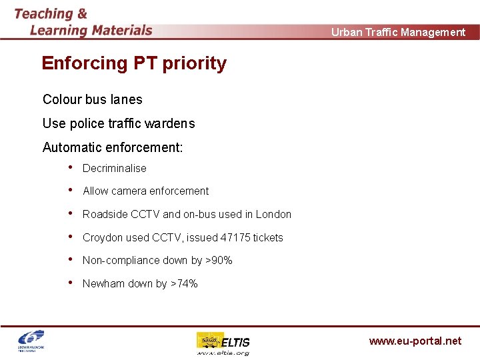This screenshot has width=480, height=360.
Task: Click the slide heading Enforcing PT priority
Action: click(x=134, y=63)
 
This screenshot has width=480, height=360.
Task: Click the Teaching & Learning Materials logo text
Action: click(x=83, y=22)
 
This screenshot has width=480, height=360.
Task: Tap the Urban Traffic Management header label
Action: click(x=398, y=32)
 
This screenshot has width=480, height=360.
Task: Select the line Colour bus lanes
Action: click(x=92, y=99)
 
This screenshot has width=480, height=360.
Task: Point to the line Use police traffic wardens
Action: click(x=119, y=123)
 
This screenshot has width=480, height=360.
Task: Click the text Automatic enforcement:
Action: click(x=112, y=147)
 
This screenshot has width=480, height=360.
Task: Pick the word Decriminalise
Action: click(x=114, y=169)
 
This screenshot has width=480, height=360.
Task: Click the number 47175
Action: click(x=235, y=238)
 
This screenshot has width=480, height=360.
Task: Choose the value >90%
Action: click(x=219, y=261)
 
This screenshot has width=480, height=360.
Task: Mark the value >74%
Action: click(x=184, y=284)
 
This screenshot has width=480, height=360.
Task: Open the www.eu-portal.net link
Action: click(x=415, y=341)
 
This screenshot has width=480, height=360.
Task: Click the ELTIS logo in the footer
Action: click(x=223, y=343)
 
